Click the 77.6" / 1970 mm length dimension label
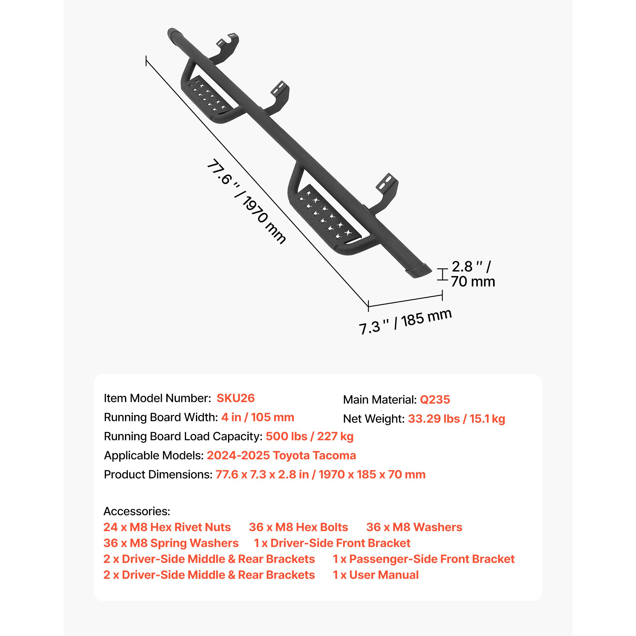click(x=246, y=201)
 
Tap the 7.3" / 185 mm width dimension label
click(x=405, y=321)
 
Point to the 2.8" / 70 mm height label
click(x=473, y=274)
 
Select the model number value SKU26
click(x=236, y=398)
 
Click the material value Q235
click(x=435, y=399)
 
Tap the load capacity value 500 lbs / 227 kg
click(x=310, y=436)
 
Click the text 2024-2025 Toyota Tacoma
click(x=281, y=455)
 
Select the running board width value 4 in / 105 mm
click(x=258, y=417)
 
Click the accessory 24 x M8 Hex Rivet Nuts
click(x=167, y=527)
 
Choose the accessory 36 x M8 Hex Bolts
click(x=299, y=527)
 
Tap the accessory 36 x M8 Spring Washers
click(x=171, y=543)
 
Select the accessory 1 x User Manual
click(x=376, y=575)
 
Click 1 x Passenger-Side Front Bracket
click(x=424, y=559)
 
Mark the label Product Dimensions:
click(x=158, y=474)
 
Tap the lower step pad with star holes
click(x=324, y=212)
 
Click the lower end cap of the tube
click(x=418, y=270)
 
